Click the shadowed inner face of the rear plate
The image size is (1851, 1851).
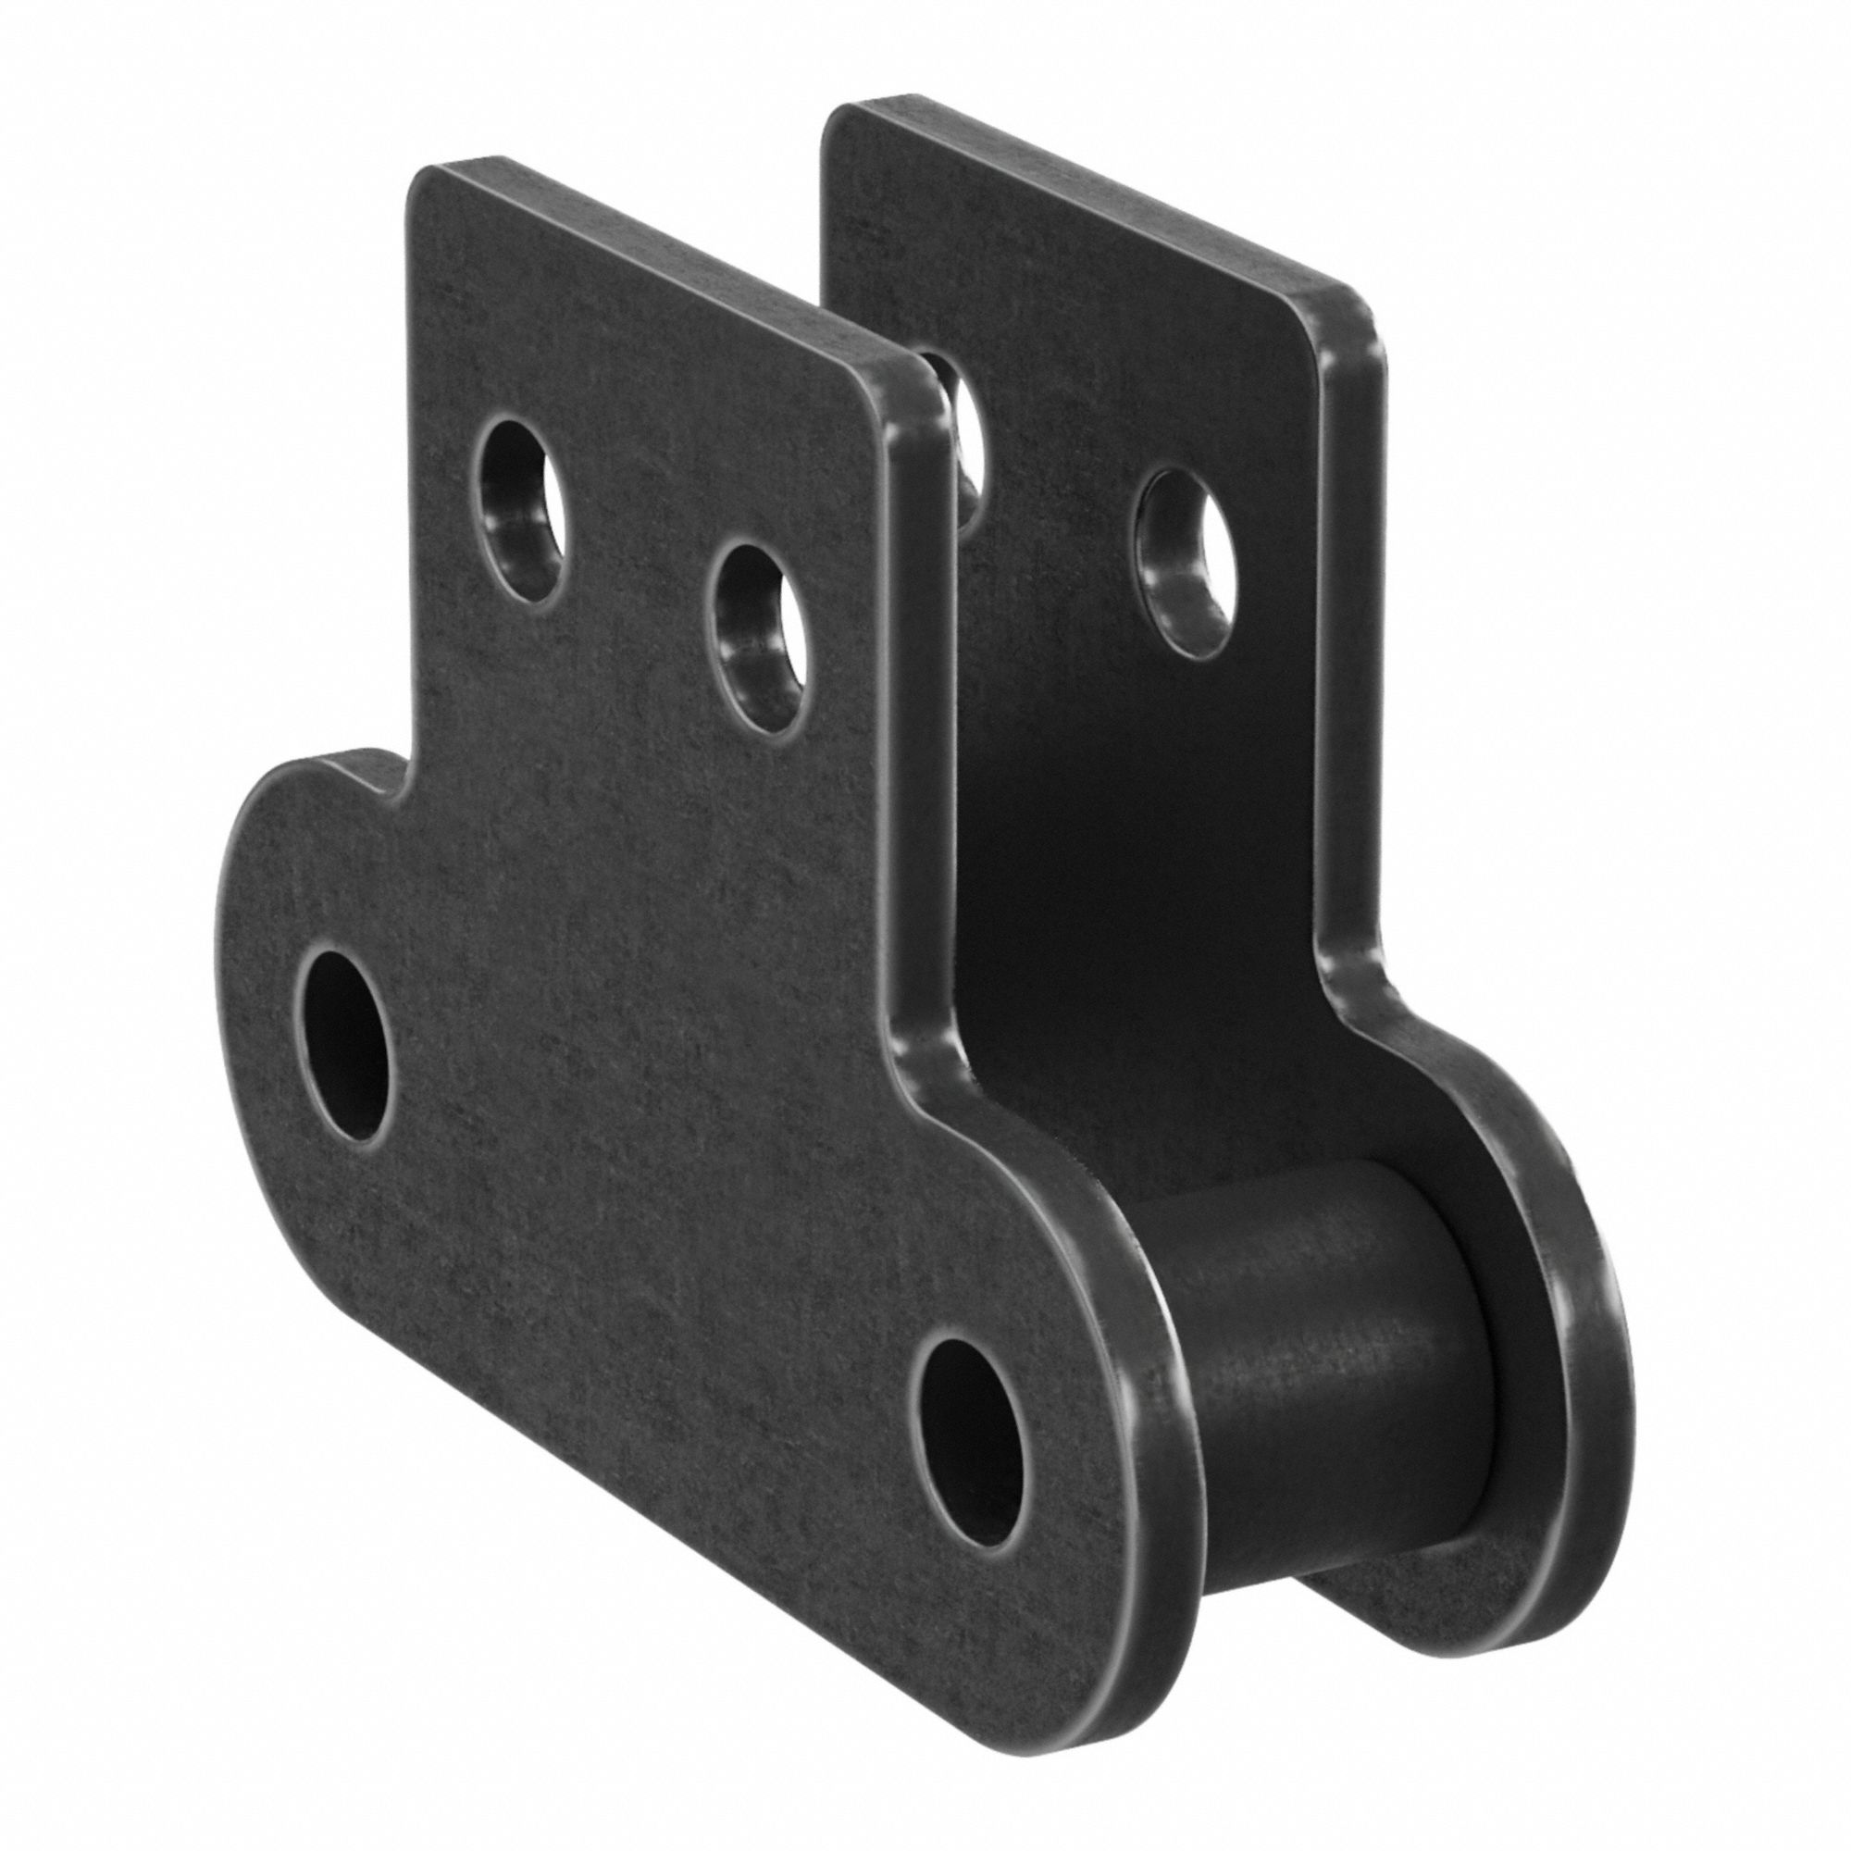pos(1101,863)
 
